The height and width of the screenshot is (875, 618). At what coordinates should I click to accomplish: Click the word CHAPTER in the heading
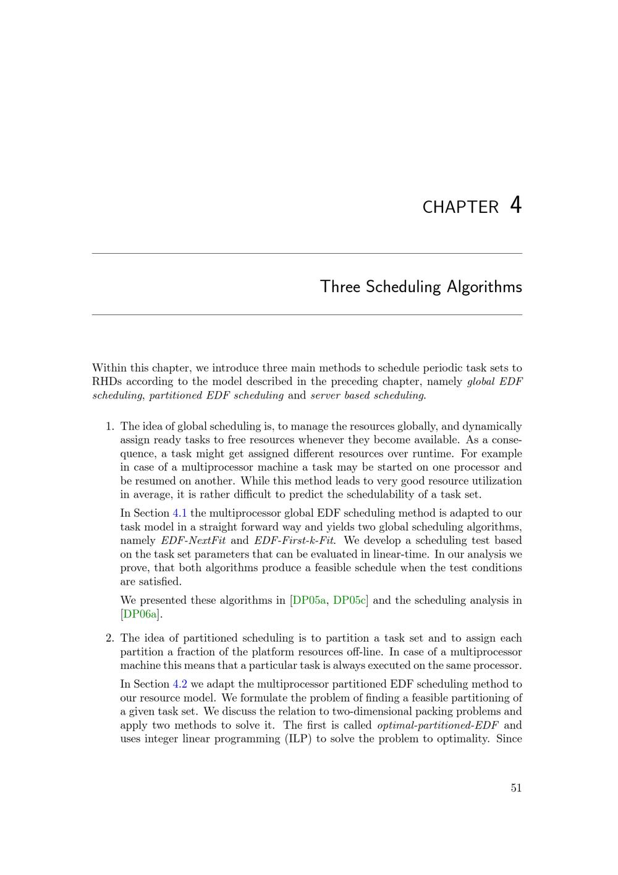click(460, 207)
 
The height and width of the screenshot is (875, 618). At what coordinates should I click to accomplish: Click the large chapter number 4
click(516, 205)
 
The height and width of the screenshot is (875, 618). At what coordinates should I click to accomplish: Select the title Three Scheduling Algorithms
click(421, 287)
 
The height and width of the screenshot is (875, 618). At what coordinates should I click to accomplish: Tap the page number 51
click(516, 788)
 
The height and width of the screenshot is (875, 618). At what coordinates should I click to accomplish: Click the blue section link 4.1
click(180, 513)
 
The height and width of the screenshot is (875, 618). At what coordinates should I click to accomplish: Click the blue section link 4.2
click(180, 684)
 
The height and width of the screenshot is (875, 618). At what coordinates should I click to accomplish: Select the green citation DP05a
click(309, 600)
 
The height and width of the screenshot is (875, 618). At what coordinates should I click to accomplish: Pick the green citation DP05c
click(350, 600)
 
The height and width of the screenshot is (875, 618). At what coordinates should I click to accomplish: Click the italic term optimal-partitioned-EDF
click(438, 725)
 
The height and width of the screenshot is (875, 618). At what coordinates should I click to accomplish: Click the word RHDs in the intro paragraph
click(107, 382)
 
